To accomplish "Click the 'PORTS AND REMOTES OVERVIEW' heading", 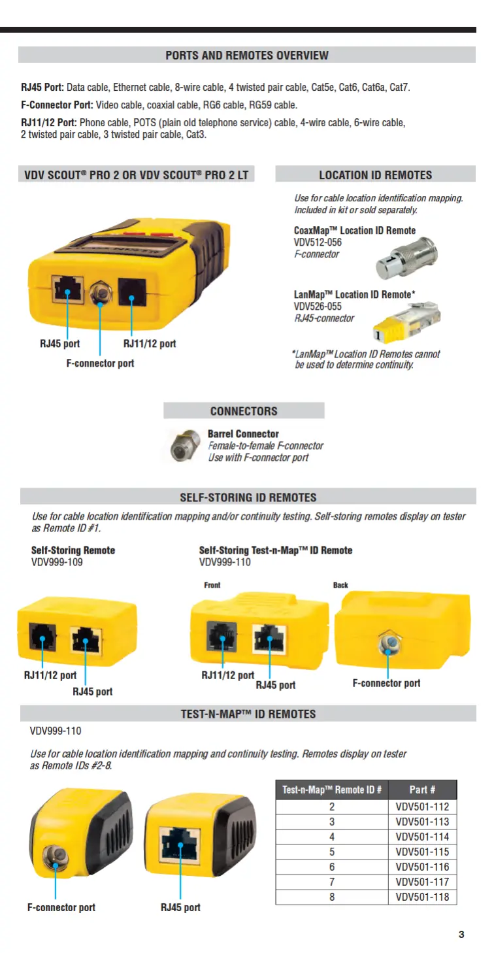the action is click(x=247, y=56).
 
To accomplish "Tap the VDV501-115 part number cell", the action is click(x=422, y=852).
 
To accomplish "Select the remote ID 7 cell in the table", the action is click(x=332, y=882).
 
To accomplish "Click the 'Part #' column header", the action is click(x=422, y=790).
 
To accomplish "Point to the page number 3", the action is click(x=461, y=934).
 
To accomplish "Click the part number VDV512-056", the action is click(x=318, y=242).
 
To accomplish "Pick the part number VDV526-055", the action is click(x=318, y=307).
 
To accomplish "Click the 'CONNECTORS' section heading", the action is click(x=244, y=411).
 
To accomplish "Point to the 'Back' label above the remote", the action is click(x=340, y=585).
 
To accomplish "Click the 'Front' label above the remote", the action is click(x=212, y=585).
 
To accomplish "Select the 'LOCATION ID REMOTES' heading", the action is click(x=375, y=175).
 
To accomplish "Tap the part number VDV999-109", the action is click(x=57, y=562).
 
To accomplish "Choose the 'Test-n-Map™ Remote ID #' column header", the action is click(x=332, y=790).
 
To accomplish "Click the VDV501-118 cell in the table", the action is click(x=422, y=897).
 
